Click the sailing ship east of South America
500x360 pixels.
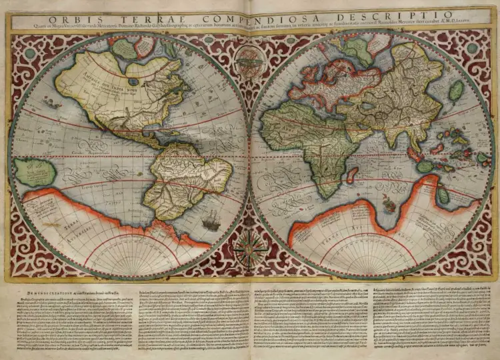coord(211,219)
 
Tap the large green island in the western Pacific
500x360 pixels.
coord(35,172)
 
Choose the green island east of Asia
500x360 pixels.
coord(456,91)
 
